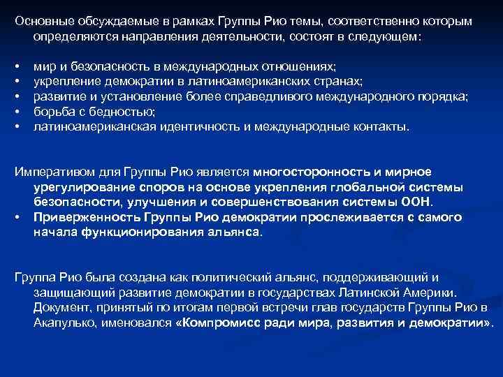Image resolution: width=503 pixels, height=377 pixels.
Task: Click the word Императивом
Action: pos(52,172)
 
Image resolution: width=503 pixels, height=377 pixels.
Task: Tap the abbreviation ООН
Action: pos(417,202)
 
